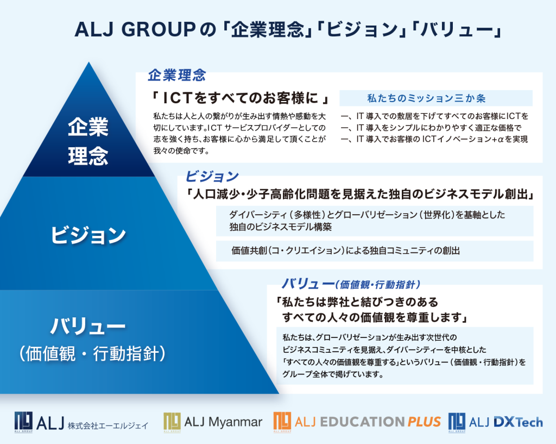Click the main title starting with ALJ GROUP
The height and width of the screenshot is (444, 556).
coord(288,29)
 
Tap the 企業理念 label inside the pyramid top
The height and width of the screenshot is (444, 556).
coord(89,141)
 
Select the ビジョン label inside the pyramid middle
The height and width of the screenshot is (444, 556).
coord(89,235)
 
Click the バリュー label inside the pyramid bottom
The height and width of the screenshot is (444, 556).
coord(88,326)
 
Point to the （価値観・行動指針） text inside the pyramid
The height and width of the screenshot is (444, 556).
coord(92,353)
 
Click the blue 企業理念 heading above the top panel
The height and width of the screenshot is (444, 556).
coord(177,75)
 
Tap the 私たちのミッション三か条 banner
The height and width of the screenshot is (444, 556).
coord(427,98)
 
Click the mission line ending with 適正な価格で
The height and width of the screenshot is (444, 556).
coord(431,128)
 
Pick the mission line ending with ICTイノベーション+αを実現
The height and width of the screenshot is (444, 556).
coord(434,139)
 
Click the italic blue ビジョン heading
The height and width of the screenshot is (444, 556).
coord(212,176)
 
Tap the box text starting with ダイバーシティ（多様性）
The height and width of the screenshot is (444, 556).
coord(367,221)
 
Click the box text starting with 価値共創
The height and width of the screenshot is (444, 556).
coord(346,251)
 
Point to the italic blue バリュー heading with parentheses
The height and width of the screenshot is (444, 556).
coord(351,284)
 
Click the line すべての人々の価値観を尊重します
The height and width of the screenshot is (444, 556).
coord(375,317)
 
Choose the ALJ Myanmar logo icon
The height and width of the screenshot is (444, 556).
coord(172,422)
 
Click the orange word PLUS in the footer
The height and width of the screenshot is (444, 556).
coord(424,422)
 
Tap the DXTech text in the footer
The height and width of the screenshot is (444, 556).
coord(518,422)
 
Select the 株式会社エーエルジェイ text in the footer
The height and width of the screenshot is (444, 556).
coord(108,425)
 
